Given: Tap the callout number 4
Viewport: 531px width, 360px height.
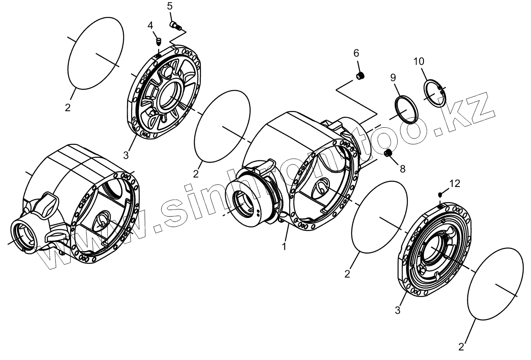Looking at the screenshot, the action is tap(150, 25).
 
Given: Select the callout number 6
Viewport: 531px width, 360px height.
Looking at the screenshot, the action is tap(356, 53).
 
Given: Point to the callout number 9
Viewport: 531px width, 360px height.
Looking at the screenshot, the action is tap(392, 78).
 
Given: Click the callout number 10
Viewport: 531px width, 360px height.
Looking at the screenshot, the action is tap(419, 61).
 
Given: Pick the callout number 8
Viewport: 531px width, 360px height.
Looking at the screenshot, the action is tap(402, 168).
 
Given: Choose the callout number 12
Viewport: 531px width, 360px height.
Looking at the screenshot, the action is tap(454, 183).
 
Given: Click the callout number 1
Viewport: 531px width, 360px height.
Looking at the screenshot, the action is tap(284, 246).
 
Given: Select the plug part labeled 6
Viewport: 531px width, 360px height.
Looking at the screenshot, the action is tap(360, 77).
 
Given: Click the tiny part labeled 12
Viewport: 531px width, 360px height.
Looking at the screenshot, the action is tap(440, 194).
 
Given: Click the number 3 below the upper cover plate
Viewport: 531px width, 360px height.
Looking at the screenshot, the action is tap(125, 154).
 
